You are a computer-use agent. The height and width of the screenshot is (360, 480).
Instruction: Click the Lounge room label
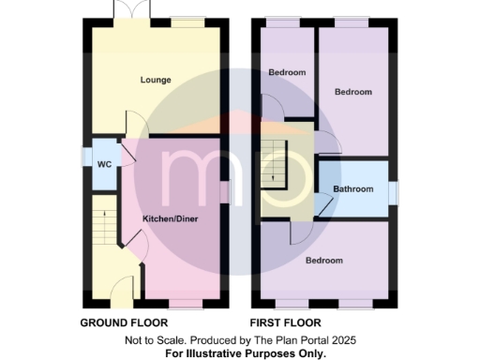[156, 80]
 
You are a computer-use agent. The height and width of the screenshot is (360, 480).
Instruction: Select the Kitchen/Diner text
[170, 218]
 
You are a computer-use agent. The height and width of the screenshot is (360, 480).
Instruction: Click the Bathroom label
[352, 189]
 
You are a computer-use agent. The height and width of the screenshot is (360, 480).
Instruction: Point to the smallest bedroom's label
[287, 72]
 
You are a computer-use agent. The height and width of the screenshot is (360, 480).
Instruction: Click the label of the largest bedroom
[323, 260]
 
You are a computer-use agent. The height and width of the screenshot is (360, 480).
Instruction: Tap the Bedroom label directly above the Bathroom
[353, 92]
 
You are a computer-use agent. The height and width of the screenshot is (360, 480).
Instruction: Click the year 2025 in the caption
[339, 339]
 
